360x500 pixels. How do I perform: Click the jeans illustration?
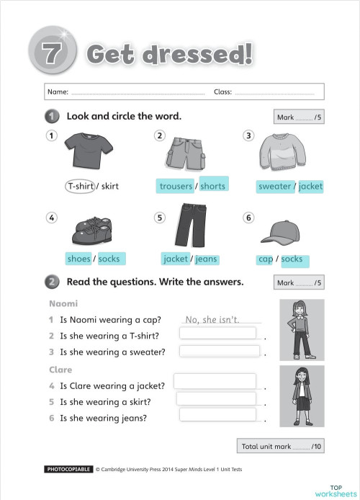[190, 225]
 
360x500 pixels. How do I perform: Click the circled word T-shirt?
[80, 186]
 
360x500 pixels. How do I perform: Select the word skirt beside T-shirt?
[110, 186]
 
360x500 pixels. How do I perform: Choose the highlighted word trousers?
[176, 186]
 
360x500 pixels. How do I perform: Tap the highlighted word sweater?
[275, 186]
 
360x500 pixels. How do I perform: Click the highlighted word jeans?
[206, 259]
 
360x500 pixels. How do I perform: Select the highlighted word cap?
[265, 259]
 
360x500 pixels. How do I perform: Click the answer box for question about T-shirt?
[217, 333]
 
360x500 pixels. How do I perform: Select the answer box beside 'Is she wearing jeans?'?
[217, 414]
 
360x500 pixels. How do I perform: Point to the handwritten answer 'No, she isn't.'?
[212, 319]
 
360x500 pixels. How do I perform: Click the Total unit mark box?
[282, 446]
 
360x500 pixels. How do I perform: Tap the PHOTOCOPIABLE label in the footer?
[68, 470]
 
